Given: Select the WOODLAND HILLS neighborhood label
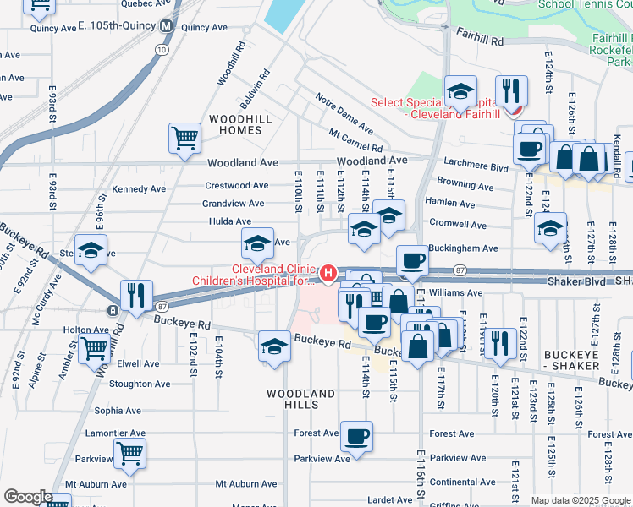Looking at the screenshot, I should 301,400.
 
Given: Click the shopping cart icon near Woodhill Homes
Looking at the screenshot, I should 184,137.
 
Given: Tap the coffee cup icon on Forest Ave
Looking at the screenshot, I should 356,436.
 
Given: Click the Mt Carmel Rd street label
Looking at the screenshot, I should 355,142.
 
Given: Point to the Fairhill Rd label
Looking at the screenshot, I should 479,35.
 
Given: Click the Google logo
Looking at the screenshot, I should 27,497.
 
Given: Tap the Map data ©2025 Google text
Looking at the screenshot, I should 581,500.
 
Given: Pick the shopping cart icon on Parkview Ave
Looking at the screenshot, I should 129,453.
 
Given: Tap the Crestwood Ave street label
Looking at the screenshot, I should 236,186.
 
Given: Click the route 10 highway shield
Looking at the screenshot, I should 161,50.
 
